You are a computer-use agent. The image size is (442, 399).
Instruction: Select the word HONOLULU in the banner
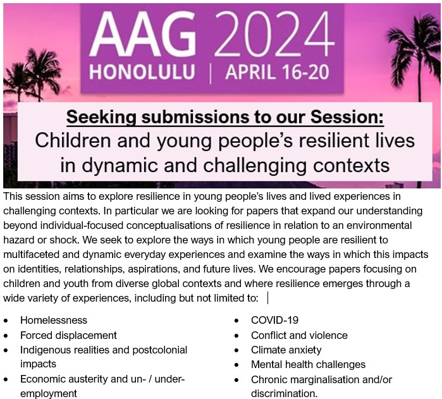pyautogui.click(x=142, y=71)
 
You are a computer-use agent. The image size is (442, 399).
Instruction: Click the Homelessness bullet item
pyautogui.click(x=54, y=321)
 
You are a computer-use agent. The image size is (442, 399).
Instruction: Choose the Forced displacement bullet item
pyautogui.click(x=68, y=335)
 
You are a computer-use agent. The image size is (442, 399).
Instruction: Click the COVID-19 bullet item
pyautogui.click(x=274, y=321)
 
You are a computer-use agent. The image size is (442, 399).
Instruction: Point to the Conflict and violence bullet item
pyautogui.click(x=299, y=335)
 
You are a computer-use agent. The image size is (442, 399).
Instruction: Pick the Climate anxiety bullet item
pyautogui.click(x=286, y=350)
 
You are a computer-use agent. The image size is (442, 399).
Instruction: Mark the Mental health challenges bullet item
pyautogui.click(x=308, y=364)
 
